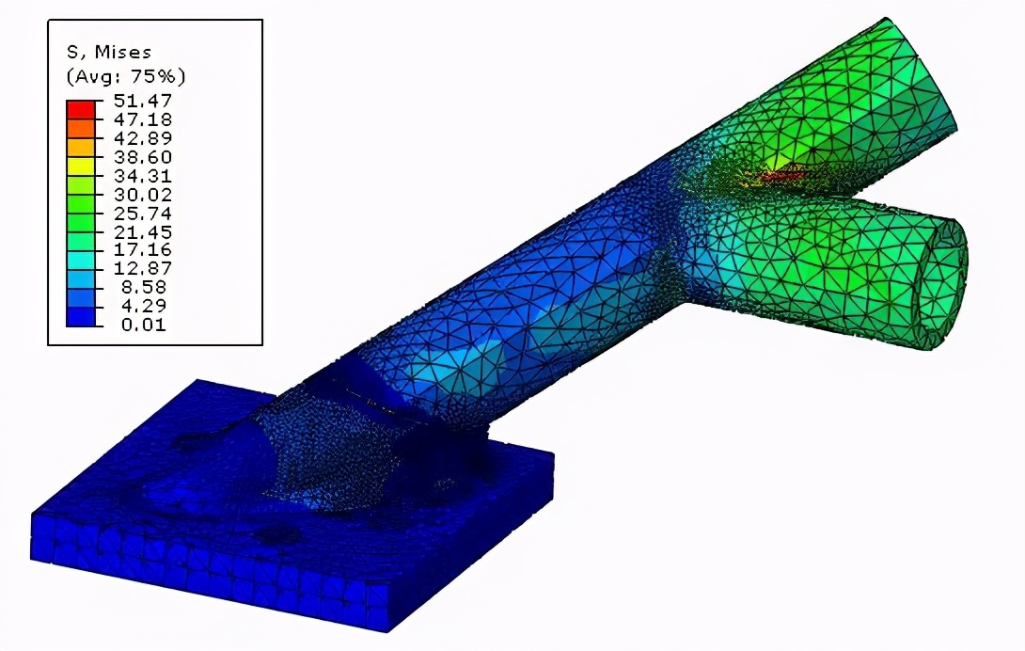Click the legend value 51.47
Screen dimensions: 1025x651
coord(143,101)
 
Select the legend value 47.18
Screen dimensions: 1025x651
coord(143,119)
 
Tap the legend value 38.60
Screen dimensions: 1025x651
coord(143,157)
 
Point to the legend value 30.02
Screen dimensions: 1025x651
coord(143,195)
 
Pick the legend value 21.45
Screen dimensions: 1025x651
coord(143,232)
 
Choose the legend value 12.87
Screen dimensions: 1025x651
coord(143,268)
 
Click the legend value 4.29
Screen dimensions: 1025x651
coord(144,306)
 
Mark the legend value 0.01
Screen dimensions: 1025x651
coord(144,325)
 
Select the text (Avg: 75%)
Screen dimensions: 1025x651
coord(126,76)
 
